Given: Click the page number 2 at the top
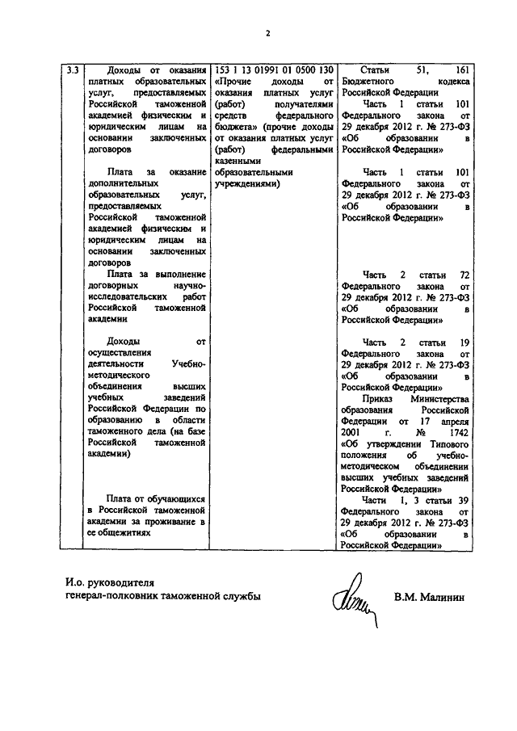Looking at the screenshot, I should [268, 33].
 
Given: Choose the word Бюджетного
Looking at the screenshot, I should [368, 82].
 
